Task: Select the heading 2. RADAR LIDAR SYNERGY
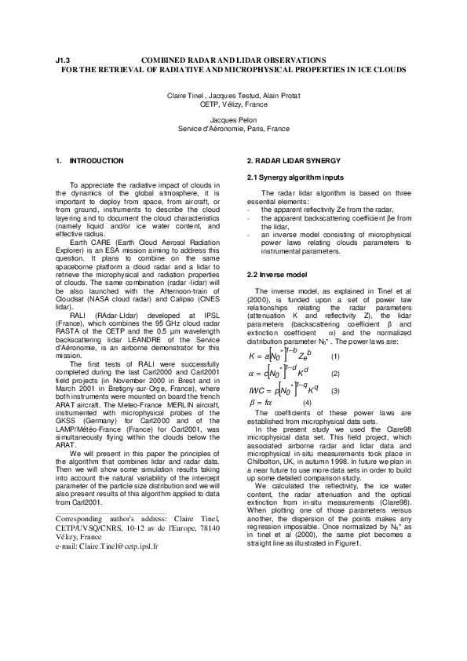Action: point(288,160)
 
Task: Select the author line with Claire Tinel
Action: point(233,95)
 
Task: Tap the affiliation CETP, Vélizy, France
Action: point(233,103)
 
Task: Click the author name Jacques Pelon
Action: point(233,120)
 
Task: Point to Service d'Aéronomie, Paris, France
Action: point(233,128)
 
